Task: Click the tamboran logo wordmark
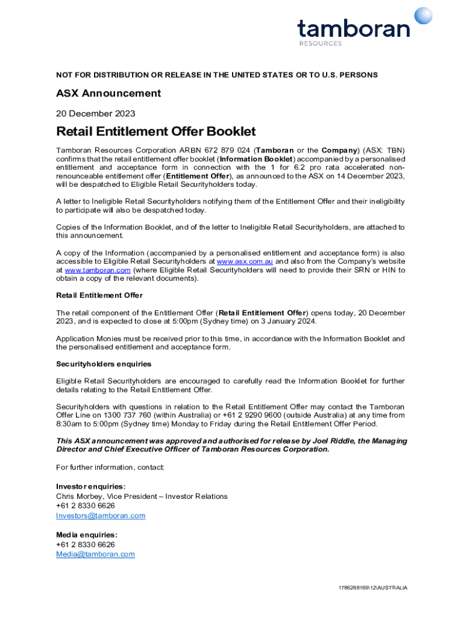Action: (x=353, y=28)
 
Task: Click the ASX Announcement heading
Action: (x=108, y=93)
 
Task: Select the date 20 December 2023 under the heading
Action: (x=95, y=113)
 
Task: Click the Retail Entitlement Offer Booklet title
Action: (x=155, y=131)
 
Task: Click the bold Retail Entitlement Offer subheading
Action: (x=99, y=295)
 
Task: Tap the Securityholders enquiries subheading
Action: (x=104, y=364)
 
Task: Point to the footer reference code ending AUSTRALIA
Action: (x=372, y=587)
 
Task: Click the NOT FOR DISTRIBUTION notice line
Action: (x=217, y=75)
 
